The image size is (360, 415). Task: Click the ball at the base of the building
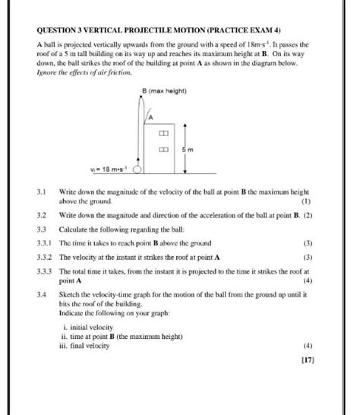pyautogui.click(x=138, y=169)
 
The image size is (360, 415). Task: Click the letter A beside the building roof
pyautogui.click(x=150, y=118)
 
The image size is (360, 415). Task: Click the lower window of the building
pyautogui.click(x=163, y=150)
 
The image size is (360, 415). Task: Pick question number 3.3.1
pyautogui.click(x=46, y=242)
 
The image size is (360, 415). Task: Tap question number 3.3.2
pyautogui.click(x=46, y=257)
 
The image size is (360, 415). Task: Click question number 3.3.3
pyautogui.click(x=46, y=271)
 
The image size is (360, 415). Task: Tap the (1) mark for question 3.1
pyautogui.click(x=306, y=201)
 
